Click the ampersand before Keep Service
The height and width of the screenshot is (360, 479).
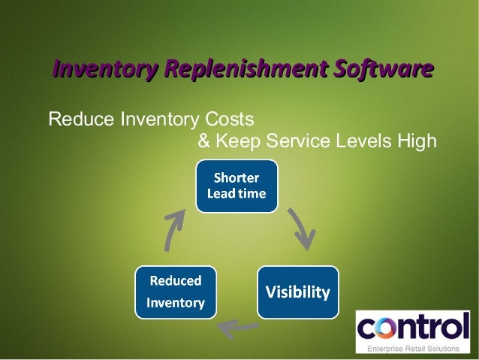coord(203,141)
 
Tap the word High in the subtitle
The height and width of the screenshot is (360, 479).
coord(418,141)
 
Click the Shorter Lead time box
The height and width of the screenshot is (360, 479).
coord(236,186)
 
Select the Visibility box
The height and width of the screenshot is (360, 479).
coord(297,292)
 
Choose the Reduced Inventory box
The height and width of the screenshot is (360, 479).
coord(175,292)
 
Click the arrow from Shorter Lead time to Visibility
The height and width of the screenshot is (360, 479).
coord(302,228)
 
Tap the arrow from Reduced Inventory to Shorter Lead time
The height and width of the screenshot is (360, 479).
coord(173,229)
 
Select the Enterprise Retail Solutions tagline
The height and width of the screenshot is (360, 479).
coord(412,349)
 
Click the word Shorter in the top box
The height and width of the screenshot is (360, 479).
coord(236,178)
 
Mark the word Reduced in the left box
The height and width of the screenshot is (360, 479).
coord(176,281)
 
